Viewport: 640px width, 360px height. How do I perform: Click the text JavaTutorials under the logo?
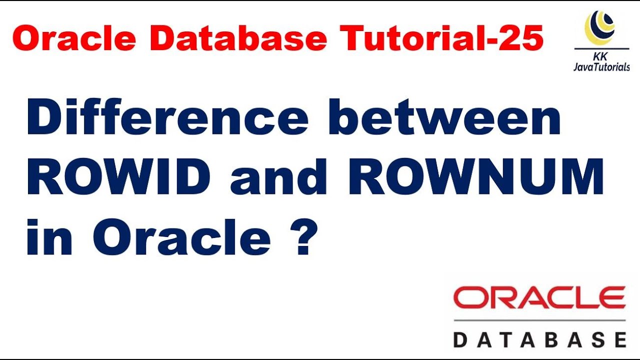coord(601,67)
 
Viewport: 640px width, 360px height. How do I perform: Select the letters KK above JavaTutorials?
coord(601,56)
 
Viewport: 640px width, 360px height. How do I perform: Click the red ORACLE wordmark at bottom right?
coord(539,298)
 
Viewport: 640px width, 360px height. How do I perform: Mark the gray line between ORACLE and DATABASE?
coord(539,320)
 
